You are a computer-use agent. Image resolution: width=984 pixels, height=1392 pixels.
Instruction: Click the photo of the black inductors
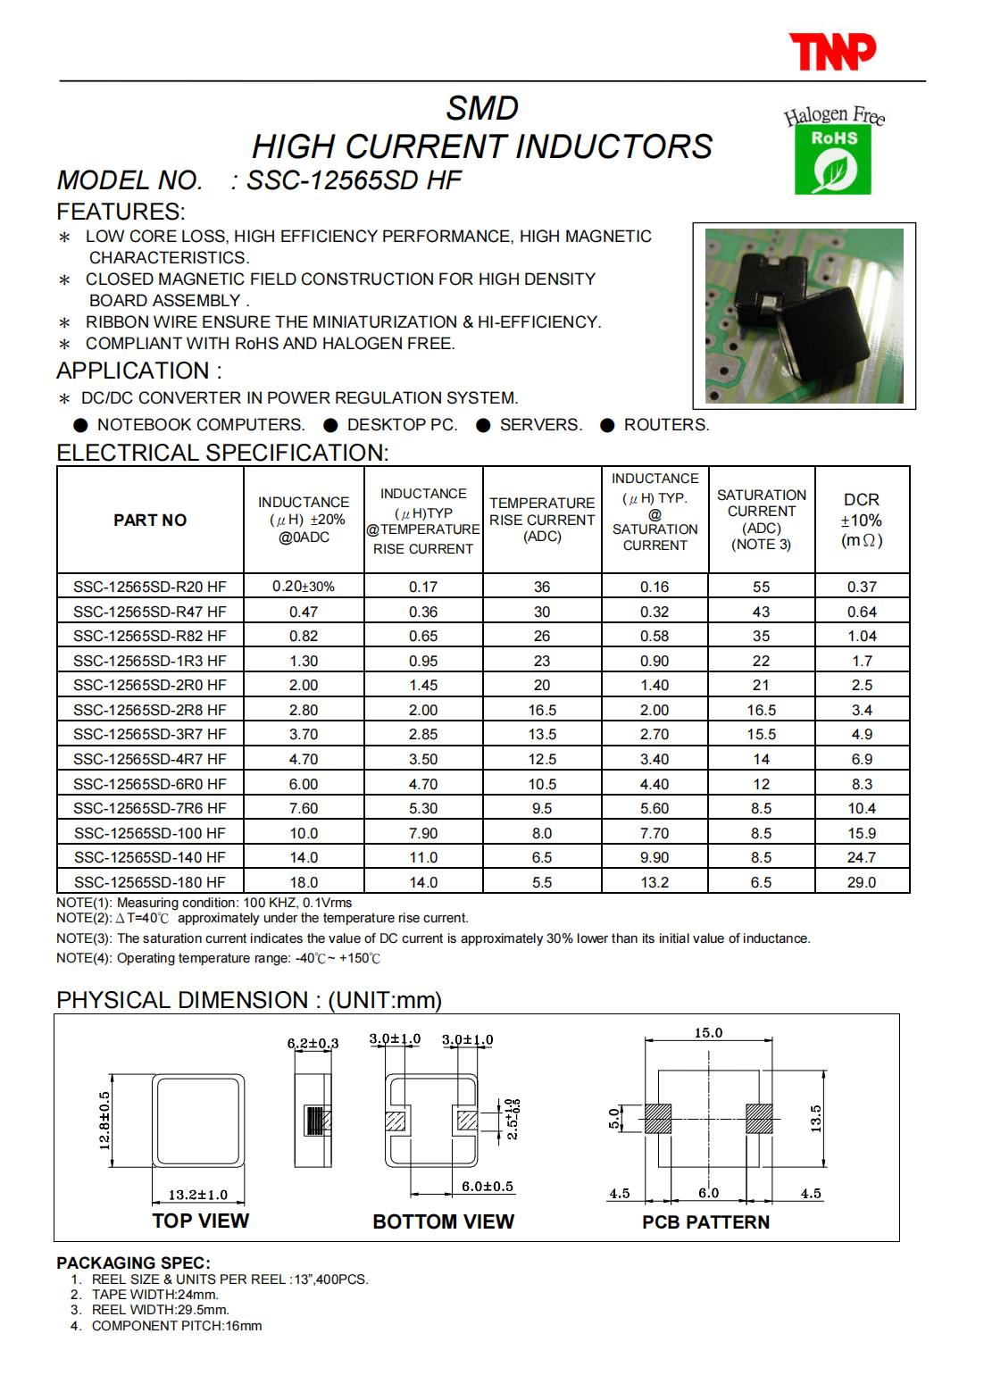coord(804,315)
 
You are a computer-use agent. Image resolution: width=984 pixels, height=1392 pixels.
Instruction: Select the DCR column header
coord(862,520)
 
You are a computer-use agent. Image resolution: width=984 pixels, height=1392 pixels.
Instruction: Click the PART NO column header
coord(150,520)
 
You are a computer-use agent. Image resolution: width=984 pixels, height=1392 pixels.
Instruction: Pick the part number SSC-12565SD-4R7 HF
coord(150,759)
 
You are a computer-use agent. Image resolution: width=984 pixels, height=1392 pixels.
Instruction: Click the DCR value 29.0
coord(862,882)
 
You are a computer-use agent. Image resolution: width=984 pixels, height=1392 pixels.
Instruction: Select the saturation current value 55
coord(761,587)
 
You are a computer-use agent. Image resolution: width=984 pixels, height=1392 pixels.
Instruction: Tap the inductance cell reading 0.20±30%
coord(303,587)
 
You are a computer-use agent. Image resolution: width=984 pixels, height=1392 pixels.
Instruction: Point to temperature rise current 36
coord(542,587)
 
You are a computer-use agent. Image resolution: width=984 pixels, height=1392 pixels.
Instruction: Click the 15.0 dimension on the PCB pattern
coord(708,1033)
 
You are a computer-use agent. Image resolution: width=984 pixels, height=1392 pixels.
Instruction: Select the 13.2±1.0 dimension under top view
coord(198,1195)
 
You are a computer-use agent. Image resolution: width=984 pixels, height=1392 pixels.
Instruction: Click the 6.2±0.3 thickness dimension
coord(313,1043)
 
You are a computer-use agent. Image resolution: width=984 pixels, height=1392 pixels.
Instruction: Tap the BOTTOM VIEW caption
coord(443,1221)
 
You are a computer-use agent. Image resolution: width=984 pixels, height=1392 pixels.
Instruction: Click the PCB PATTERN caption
coord(705,1222)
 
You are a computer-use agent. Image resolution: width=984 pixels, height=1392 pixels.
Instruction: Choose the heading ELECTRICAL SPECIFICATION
coord(222,453)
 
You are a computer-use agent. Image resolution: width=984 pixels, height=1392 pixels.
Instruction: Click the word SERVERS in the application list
coord(540,425)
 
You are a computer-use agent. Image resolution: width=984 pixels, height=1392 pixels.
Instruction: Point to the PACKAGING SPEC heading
coord(134,1263)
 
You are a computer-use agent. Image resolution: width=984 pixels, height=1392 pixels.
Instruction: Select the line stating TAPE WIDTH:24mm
coord(154,1294)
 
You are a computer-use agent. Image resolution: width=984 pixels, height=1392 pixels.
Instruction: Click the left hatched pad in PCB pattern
coord(657,1119)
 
